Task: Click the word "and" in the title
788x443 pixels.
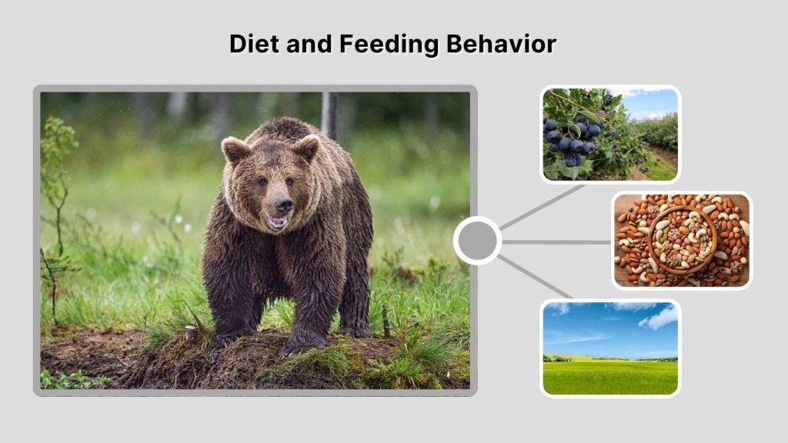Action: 311,44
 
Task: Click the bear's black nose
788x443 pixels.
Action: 283,205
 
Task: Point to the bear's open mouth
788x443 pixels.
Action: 277,222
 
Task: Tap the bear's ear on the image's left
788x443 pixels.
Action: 235,149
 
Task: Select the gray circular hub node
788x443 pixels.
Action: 477,241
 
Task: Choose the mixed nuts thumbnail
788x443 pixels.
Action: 681,240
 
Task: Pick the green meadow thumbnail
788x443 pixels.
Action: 610,348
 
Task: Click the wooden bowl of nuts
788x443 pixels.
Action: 682,240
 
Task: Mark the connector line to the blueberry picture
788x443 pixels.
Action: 543,208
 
